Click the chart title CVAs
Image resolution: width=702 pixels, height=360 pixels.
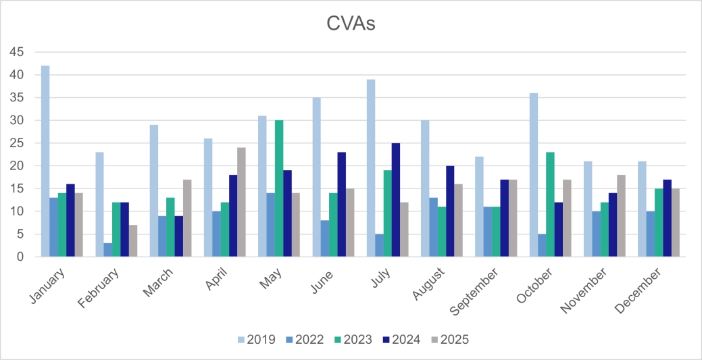[351, 24]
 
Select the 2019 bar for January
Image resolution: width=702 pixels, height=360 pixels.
[45, 161]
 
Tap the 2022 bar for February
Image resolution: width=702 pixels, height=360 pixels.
[108, 250]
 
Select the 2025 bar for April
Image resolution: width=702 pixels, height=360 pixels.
[241, 202]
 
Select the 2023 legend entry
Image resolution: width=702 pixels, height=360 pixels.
[352, 340]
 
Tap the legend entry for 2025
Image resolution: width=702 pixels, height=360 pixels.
[448, 340]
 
